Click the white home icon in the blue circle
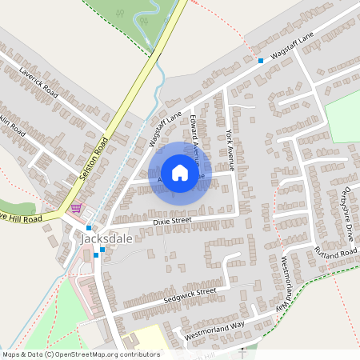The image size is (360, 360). (180, 173)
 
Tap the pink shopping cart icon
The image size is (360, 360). (76, 208)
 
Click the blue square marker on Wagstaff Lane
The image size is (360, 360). (261, 61)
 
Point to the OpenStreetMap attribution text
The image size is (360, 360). (81, 354)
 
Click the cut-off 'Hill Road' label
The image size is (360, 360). (21, 218)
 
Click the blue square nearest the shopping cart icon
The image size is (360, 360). (88, 228)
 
